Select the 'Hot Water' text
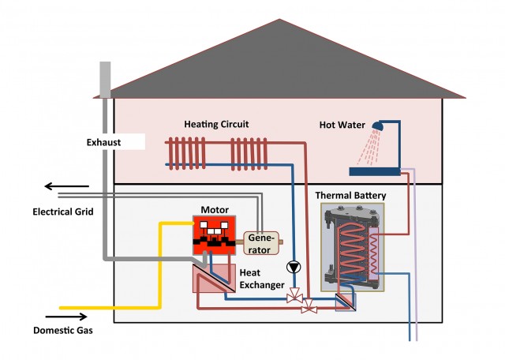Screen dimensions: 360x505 340,125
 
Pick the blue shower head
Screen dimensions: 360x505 379,126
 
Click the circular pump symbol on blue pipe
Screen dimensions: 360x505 294,267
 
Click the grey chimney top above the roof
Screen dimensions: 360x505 106,78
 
